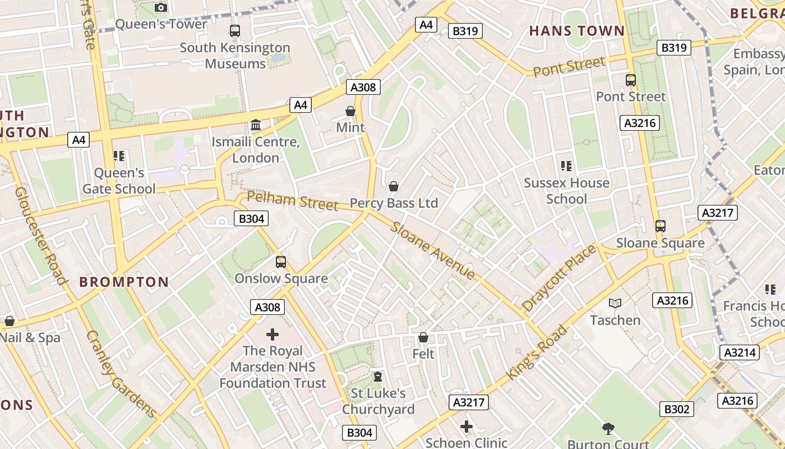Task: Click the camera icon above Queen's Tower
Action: tap(161, 7)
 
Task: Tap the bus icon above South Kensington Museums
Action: tap(235, 31)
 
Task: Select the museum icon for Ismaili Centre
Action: tap(256, 125)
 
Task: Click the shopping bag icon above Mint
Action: tap(350, 111)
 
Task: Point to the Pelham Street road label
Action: tap(293, 200)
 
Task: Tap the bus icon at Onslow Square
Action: tap(281, 262)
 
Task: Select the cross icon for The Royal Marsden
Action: tap(273, 335)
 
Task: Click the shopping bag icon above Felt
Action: tap(423, 337)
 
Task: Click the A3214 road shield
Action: tap(741, 352)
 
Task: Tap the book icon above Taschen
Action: tap(615, 304)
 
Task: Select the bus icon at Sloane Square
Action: tap(661, 226)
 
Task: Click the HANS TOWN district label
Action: tap(577, 31)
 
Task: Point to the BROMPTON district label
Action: tap(124, 282)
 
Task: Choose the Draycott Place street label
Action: tap(559, 278)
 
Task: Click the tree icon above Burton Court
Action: tap(608, 429)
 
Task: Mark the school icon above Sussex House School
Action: tap(566, 166)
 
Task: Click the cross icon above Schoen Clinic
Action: tap(467, 427)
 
